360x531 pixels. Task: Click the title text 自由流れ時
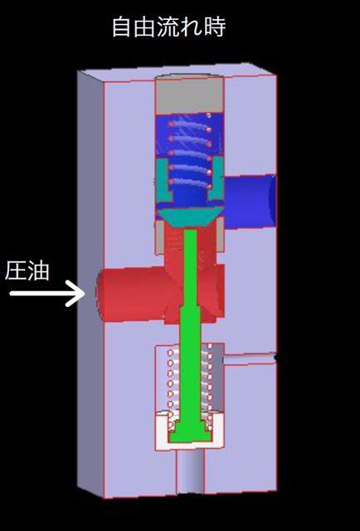(168, 27)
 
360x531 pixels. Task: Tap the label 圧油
(27, 271)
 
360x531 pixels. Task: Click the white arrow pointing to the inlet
(47, 293)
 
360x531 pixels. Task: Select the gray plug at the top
(189, 95)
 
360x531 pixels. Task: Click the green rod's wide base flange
(190, 435)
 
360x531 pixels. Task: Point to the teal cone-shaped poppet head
(189, 217)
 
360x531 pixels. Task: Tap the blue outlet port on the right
(250, 202)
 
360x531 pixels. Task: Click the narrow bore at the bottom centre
(190, 472)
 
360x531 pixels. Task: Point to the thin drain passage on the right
(250, 358)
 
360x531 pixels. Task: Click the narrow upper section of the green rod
(190, 267)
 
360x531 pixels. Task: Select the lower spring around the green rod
(190, 386)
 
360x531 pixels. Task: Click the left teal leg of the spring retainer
(164, 179)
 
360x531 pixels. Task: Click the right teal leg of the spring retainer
(216, 178)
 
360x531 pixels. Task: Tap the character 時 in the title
(215, 27)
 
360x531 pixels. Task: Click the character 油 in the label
(39, 271)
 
